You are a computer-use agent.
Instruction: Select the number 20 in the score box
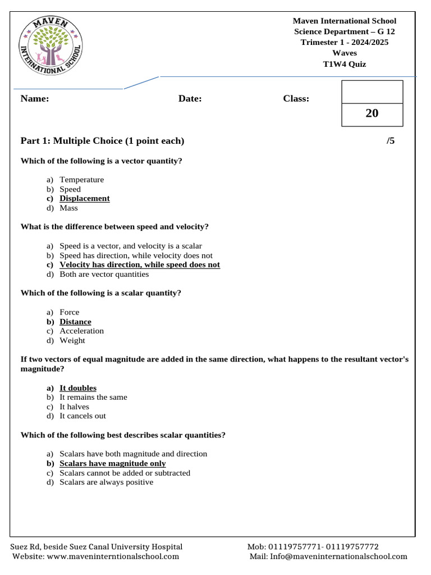point(372,113)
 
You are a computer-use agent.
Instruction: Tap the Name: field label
point(35,99)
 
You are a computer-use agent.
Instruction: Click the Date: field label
point(190,99)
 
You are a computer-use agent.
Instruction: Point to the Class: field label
point(296,99)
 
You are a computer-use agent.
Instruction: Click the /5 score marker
point(391,141)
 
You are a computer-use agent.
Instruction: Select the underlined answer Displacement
point(85,199)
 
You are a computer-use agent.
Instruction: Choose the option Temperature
point(82,180)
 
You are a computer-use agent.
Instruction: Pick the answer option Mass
point(69,208)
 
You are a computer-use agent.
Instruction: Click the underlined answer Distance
point(75,322)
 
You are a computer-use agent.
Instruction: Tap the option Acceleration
point(82,331)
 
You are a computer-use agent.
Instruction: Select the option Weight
point(72,341)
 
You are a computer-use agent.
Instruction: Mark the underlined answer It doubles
point(78,388)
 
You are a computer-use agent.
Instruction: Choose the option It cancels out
point(83,416)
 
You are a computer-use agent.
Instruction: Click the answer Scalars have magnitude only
point(113,464)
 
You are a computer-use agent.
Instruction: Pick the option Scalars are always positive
point(107,482)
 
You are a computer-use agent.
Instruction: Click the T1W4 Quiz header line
point(344,64)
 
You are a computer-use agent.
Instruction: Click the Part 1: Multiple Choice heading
point(102,141)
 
